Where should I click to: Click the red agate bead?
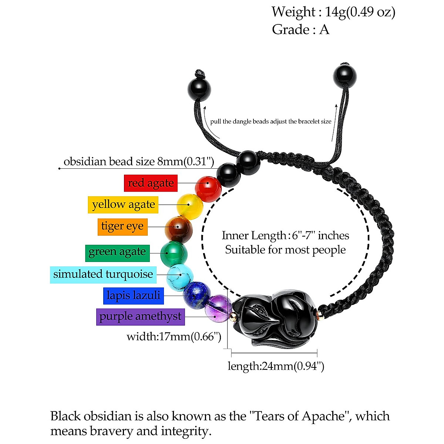pos(208,189)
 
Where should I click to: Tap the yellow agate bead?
pos(189,205)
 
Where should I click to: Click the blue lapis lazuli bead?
pos(197,295)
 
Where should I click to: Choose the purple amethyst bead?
pos(219,309)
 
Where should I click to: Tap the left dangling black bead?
pos(200,90)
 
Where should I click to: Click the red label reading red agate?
pos(151,183)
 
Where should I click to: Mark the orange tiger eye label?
pos(122,226)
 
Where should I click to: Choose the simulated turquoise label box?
pos(103,275)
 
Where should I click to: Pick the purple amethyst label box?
pos(140,317)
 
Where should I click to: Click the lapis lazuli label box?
pos(133,296)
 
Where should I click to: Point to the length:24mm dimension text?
pos(276,366)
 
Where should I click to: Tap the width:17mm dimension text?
pos(174,337)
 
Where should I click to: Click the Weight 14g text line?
pos(333,12)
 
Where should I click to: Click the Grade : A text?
pos(300,30)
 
